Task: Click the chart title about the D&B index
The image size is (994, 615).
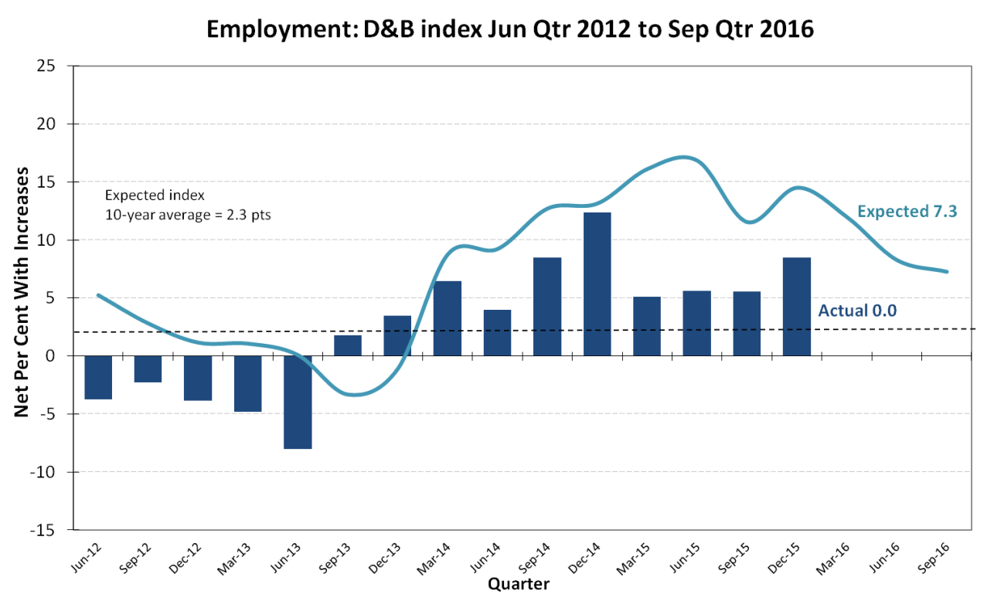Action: tap(510, 29)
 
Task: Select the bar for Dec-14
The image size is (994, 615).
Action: tap(597, 284)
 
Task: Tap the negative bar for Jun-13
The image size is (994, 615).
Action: tap(298, 403)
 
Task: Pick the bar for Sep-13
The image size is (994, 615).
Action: tap(348, 345)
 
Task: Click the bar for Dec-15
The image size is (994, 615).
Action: tap(797, 307)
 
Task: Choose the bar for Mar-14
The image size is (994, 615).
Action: tap(448, 318)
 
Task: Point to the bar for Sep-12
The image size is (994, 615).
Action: tap(148, 369)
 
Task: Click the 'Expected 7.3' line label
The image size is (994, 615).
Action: tap(907, 212)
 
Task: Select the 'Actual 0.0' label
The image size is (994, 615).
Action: tap(857, 311)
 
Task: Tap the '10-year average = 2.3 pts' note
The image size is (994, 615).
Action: tap(188, 215)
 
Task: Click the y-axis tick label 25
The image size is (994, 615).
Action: tap(46, 66)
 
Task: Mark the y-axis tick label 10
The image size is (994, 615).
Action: tap(46, 240)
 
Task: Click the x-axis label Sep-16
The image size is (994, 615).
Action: tap(933, 559)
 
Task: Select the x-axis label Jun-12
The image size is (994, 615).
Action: tap(86, 559)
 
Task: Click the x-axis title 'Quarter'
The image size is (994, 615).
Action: tap(519, 584)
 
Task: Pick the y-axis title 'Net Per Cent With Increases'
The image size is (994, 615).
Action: tap(22, 292)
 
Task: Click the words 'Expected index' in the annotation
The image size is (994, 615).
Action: tap(155, 195)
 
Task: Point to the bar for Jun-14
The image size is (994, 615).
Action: tap(497, 333)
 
